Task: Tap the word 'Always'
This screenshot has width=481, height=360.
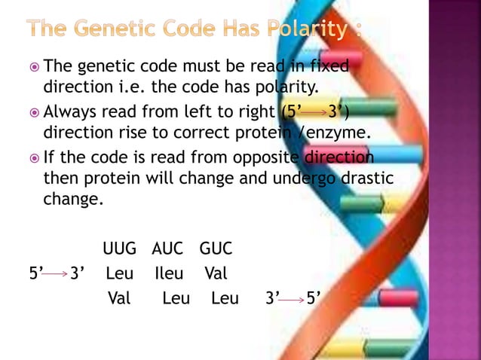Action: pyautogui.click(x=72, y=113)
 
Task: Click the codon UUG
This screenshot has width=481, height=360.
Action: pyautogui.click(x=121, y=249)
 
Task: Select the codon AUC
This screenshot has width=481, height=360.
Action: pyautogui.click(x=168, y=249)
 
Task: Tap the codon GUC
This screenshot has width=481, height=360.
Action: pyautogui.click(x=216, y=249)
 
